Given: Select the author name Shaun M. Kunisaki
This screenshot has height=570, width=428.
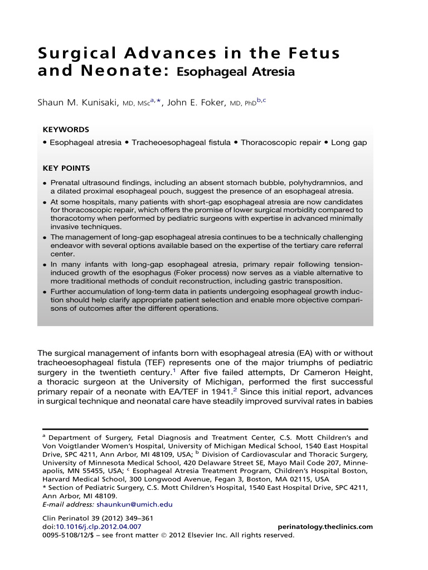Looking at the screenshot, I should [78, 103].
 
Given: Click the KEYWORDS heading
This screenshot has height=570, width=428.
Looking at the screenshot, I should [66, 129].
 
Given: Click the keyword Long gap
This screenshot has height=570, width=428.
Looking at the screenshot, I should [349, 142].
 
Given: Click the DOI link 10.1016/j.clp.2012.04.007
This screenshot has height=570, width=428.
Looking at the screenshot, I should [98, 527].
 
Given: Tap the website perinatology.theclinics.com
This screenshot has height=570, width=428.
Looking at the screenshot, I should [325, 527].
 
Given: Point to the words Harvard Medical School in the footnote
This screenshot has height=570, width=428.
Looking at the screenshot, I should [80, 479].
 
